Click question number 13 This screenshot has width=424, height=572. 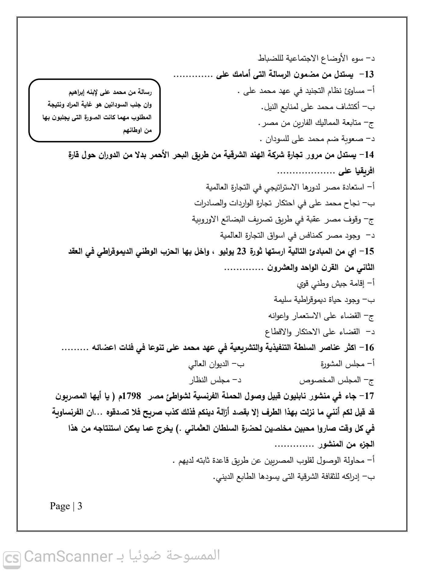coord(369,74)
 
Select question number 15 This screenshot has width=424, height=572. coord(369,252)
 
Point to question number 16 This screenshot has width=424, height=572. coord(369,347)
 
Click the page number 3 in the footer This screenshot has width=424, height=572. coord(80,506)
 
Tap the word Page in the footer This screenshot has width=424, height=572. coord(60,506)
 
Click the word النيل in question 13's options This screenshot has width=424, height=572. coord(271,107)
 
